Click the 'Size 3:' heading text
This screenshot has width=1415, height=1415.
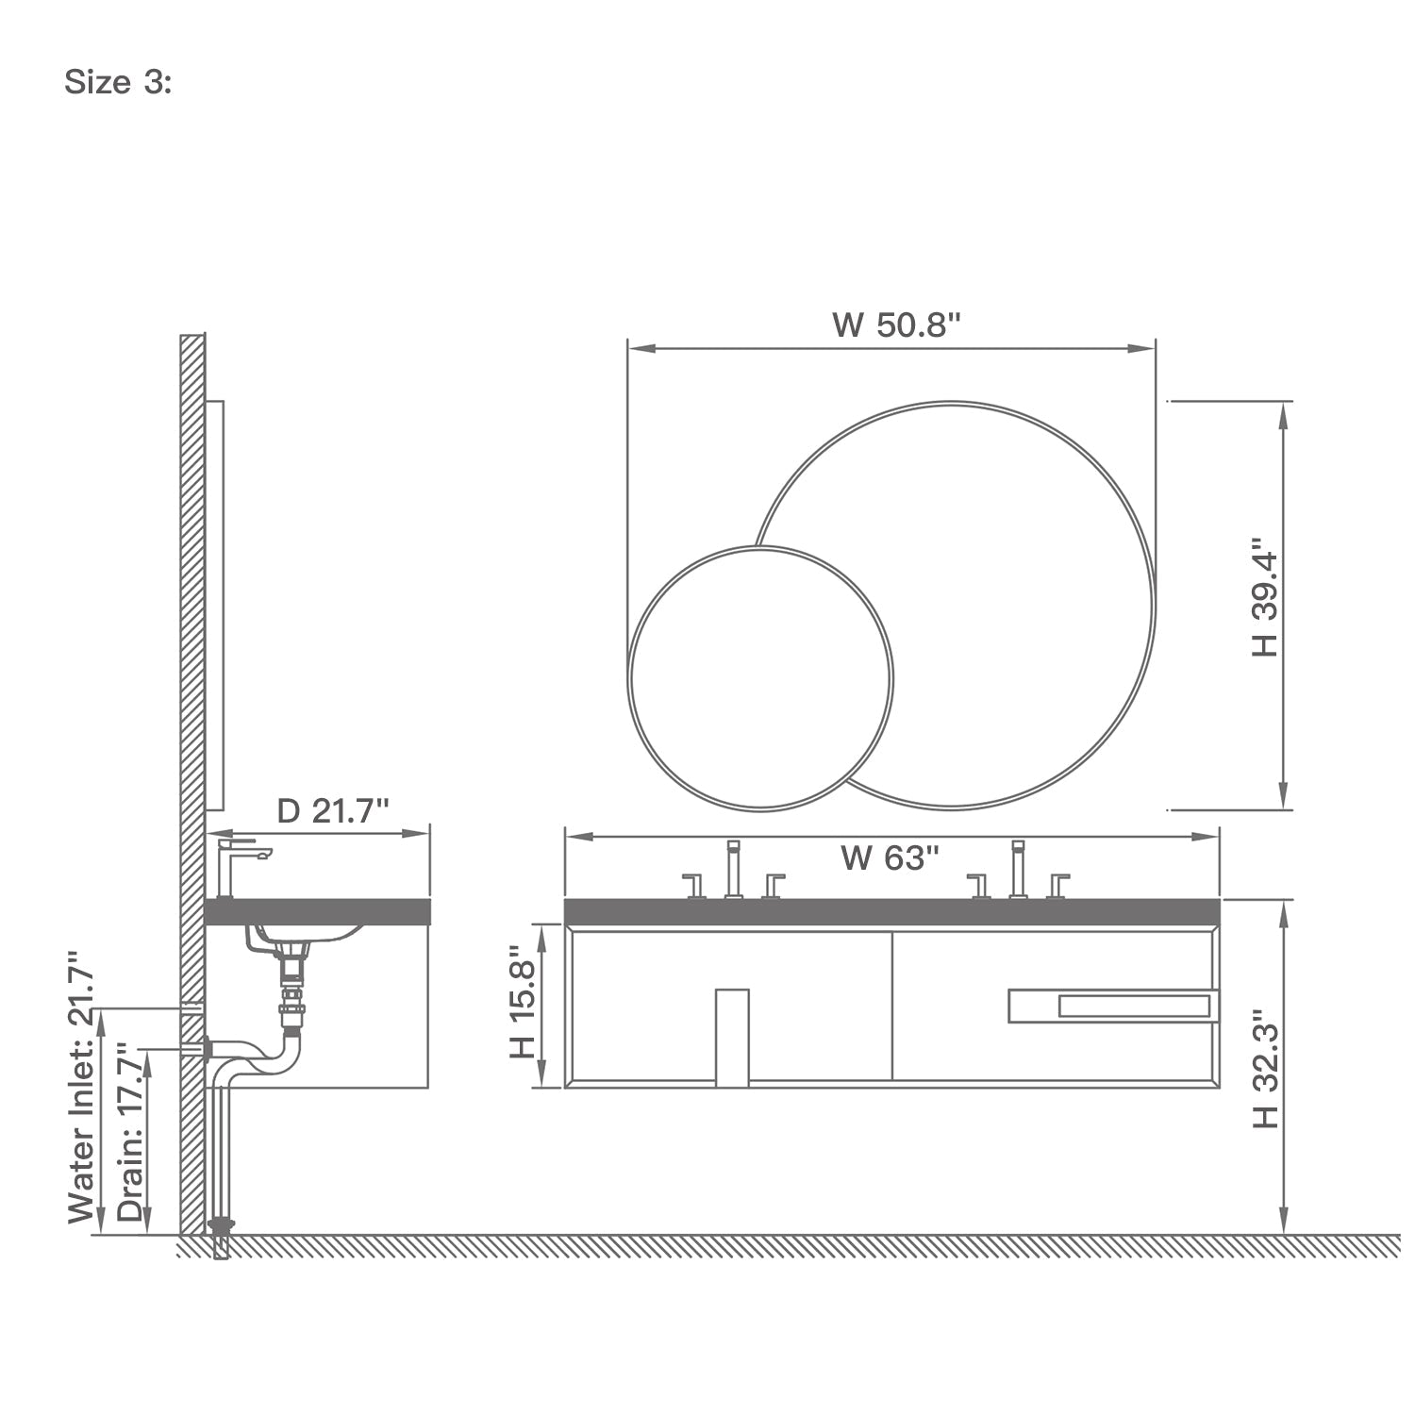(118, 83)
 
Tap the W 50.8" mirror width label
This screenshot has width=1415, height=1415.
(896, 325)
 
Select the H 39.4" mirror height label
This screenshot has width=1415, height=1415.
(1264, 599)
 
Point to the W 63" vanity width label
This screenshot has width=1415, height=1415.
(890, 858)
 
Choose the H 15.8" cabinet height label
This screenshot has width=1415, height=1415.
(522, 1004)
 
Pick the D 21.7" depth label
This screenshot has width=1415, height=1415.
(333, 810)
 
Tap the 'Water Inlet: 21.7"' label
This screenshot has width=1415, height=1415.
(83, 1087)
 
